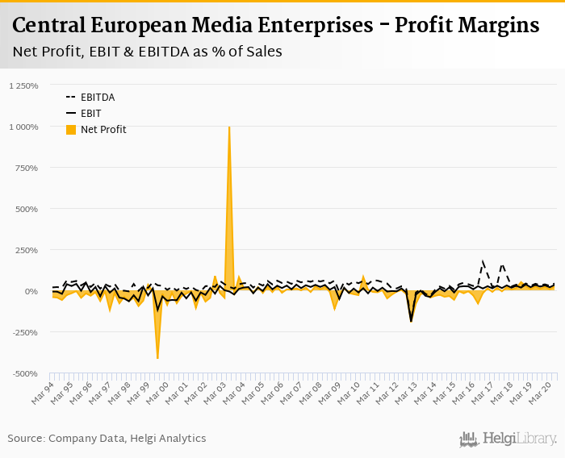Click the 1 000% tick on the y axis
pos(25,127)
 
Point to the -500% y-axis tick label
pos(25,373)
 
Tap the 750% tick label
pos(27,168)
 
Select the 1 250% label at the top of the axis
pos(23,85)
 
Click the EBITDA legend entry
pos(97,97)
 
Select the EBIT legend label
pos(91,113)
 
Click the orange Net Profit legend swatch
pos(70,129)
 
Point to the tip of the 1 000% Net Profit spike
pos(229,127)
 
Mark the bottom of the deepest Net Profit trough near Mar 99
pos(157,358)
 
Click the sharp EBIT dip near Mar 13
pos(411,321)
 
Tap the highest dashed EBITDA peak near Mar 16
pos(483,260)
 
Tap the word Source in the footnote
pos(26,438)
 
